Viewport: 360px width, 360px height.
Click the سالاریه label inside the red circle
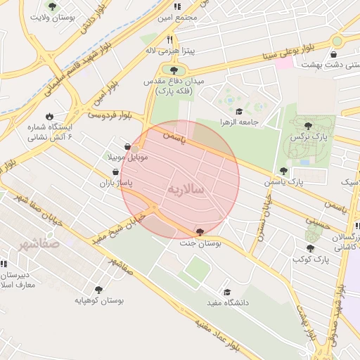pos(186,190)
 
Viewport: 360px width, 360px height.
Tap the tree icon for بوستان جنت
pos(200,231)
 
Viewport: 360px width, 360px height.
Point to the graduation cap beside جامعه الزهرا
pos(239,111)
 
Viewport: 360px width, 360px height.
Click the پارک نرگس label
pos(308,136)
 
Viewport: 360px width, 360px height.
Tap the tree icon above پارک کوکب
pos(310,248)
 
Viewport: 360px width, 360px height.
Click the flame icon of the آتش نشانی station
pos(49,116)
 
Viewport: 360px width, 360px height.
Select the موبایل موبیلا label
pos(127,156)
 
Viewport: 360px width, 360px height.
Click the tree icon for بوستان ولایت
pos(53,6)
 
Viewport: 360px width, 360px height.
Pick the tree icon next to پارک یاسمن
pos(283,171)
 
